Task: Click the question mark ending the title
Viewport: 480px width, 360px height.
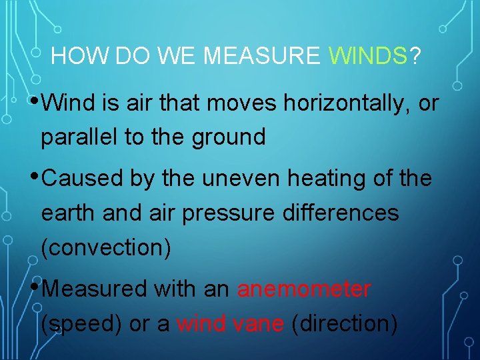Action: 415,57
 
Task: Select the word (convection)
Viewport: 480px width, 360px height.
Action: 106,248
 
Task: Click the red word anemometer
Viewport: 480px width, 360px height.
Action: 304,289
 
